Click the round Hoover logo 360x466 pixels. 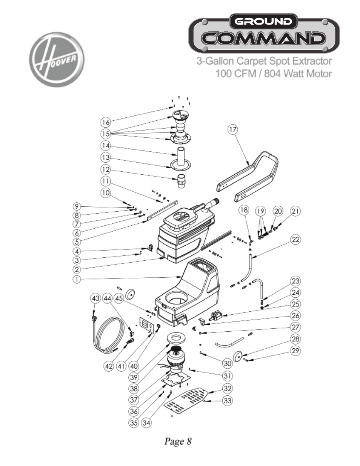(x=57, y=60)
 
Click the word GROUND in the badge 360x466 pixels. (x=264, y=21)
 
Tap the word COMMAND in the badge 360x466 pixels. (x=264, y=38)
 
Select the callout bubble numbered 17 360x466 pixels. (x=233, y=129)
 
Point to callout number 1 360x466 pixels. (x=77, y=280)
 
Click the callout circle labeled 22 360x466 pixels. (x=295, y=240)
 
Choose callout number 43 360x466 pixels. (x=95, y=298)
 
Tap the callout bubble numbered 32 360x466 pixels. (x=227, y=388)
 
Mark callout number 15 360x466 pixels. (x=106, y=134)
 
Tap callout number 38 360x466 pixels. (x=134, y=388)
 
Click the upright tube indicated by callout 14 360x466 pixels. (x=182, y=155)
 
